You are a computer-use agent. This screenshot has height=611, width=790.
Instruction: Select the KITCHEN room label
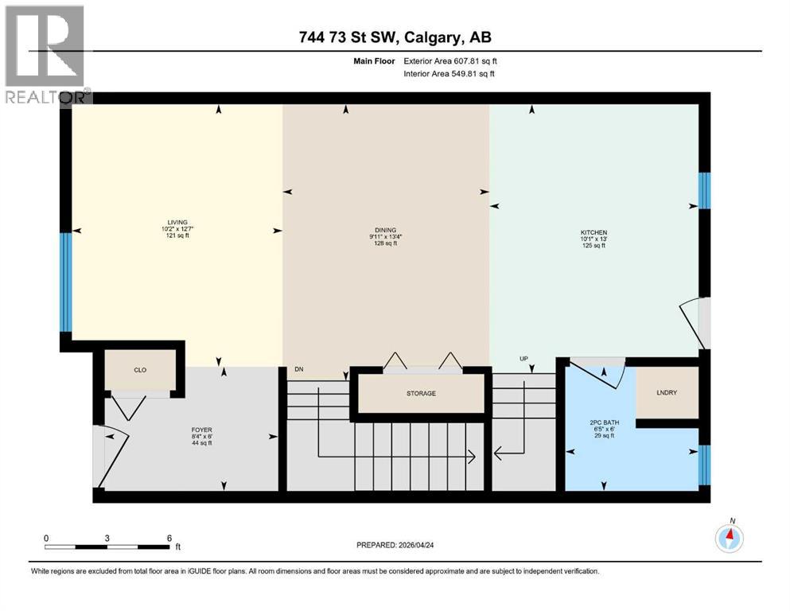tap(593, 232)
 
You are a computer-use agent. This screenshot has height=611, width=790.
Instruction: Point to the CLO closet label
tap(139, 370)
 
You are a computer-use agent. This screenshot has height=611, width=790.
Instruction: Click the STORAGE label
tap(421, 394)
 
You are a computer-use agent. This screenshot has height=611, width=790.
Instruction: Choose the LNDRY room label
tap(667, 391)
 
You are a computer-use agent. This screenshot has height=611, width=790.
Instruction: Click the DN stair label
tap(299, 370)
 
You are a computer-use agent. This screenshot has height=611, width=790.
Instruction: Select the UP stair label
tap(523, 359)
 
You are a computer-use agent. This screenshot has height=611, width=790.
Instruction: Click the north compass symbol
tap(729, 538)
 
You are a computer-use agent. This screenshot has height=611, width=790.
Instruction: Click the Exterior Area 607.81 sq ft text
tap(455, 60)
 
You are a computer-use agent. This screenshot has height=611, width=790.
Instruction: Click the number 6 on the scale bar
tap(169, 537)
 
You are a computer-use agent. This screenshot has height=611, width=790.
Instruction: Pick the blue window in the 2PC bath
tap(703, 465)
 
